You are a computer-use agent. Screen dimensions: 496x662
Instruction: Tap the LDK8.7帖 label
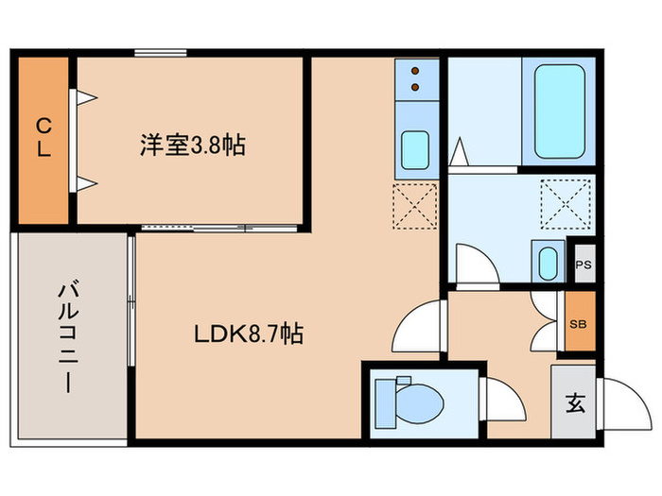pyautogui.click(x=249, y=334)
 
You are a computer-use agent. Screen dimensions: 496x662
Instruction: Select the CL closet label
pyautogui.click(x=44, y=138)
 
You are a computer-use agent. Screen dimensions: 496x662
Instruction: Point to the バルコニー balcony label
pyautogui.click(x=71, y=336)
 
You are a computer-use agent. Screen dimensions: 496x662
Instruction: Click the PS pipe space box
pyautogui.click(x=582, y=264)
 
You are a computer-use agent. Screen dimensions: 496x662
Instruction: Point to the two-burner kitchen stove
pyautogui.click(x=415, y=80)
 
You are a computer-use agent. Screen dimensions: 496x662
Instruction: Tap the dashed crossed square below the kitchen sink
pyautogui.click(x=415, y=206)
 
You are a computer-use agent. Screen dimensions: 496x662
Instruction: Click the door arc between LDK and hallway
pyautogui.click(x=419, y=330)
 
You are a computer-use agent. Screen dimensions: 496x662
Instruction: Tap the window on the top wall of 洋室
pyautogui.click(x=158, y=52)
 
